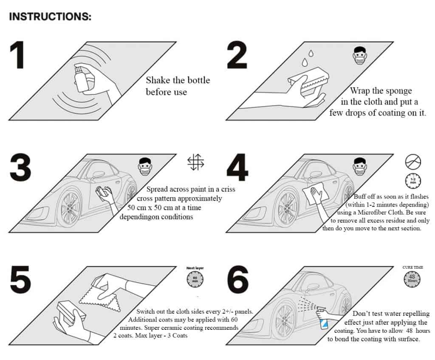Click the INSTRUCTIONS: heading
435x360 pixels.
tap(50, 17)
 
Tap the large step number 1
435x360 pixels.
tap(17, 55)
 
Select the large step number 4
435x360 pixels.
tap(237, 167)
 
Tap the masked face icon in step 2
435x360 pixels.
tap(360, 55)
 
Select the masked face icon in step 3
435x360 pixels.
tap(145, 166)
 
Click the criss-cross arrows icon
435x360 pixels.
tap(195, 162)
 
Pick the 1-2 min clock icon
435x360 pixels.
tap(413, 181)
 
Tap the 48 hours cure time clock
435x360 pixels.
tap(412, 279)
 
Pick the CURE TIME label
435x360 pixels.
tap(412, 267)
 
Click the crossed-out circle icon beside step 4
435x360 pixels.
tap(413, 162)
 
